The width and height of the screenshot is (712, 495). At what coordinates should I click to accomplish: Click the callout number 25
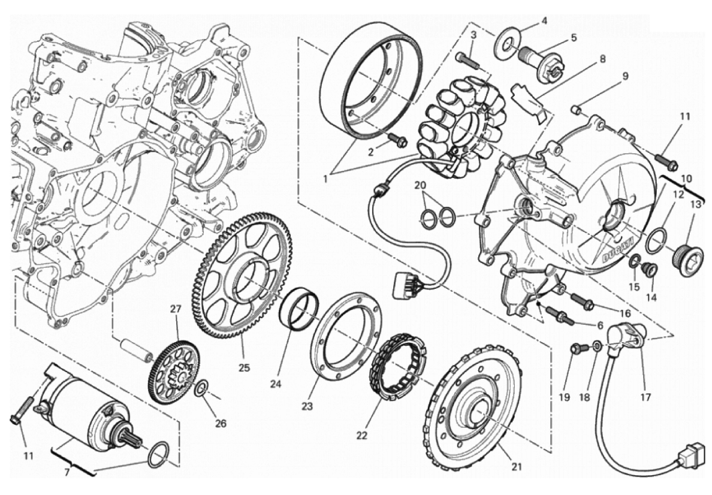[x=245, y=367]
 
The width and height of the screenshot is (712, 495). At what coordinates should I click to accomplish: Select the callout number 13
[x=696, y=205]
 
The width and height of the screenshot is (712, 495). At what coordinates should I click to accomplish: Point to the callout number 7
[x=67, y=472]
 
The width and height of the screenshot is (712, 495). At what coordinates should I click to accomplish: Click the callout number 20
[x=421, y=185]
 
